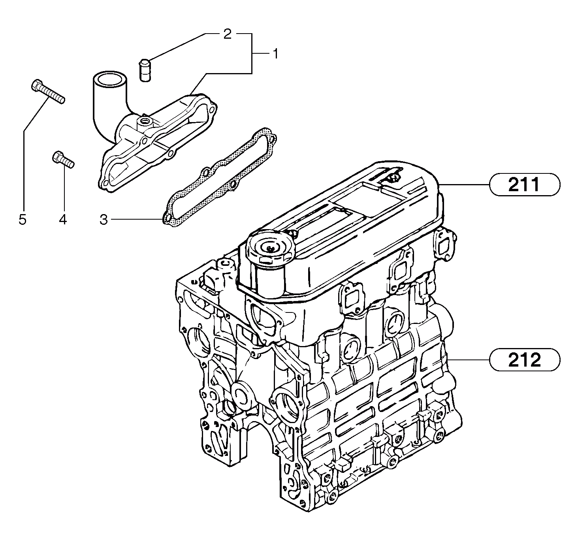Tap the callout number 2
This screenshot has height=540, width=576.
tap(227, 34)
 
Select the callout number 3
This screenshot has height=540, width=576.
tap(104, 219)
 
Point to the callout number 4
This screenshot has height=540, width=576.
tap(63, 219)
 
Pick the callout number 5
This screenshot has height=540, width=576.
tap(23, 219)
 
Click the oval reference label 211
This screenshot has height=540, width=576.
tap(524, 185)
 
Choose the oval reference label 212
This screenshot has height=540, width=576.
tap(524, 360)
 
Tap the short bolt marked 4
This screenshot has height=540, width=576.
tap(63, 161)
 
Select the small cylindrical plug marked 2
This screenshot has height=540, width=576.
tap(145, 70)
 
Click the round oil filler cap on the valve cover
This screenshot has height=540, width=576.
tap(270, 247)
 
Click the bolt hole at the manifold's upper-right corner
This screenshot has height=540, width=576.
tap(213, 107)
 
